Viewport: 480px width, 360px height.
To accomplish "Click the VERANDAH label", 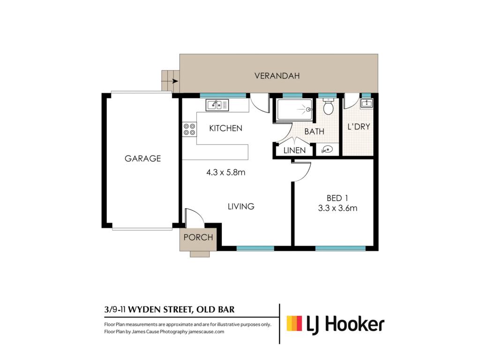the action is tap(277, 75).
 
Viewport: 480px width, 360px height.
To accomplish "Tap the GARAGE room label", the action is tap(142, 158).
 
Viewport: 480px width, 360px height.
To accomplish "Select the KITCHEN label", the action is tap(225, 128).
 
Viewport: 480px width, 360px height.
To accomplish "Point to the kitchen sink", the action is tap(217, 105).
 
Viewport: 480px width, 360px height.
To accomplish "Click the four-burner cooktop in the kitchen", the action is tap(189, 129).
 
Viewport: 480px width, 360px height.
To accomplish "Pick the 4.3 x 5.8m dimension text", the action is tap(226, 172).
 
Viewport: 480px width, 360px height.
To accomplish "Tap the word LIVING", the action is tap(241, 206).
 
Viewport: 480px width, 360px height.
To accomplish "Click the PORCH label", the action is tap(198, 237).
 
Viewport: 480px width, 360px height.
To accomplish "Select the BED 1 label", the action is tap(337, 198).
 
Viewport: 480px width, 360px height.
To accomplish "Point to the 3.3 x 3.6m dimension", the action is tap(337, 208).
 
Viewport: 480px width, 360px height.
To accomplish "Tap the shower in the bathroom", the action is tap(294, 109).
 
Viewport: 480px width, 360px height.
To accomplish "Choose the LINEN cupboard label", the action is tap(294, 150).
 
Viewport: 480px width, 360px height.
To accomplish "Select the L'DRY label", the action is tap(359, 127).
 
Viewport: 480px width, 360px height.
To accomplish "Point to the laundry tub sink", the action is tap(367, 103).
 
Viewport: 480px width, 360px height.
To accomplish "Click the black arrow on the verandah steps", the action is tap(175, 81).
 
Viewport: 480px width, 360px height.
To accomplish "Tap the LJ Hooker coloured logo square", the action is tap(294, 323).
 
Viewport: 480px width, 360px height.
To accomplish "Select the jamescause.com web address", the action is tap(206, 331).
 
